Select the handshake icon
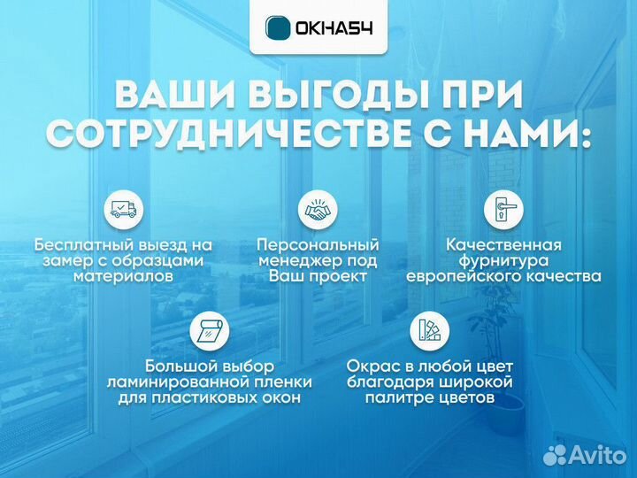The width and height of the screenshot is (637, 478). [x=318, y=209]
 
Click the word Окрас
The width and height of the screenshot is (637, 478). [x=371, y=366]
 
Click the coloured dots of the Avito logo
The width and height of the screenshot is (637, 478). [x=555, y=455]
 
